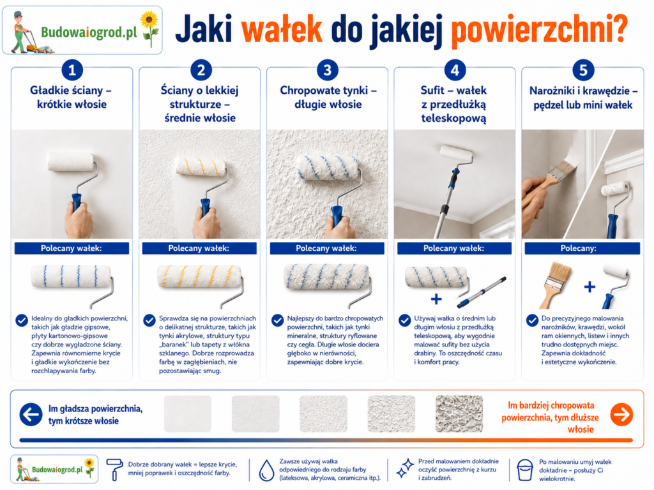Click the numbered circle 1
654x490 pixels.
click(x=72, y=70)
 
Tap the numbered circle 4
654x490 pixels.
click(x=455, y=70)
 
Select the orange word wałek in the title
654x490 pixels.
click(x=282, y=29)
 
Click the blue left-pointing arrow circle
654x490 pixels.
click(x=31, y=414)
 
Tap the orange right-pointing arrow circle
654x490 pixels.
click(x=621, y=414)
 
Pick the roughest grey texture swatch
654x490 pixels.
click(x=459, y=413)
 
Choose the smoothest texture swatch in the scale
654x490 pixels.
click(x=188, y=413)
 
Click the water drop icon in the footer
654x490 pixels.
click(x=266, y=471)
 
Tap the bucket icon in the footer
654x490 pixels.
click(x=524, y=470)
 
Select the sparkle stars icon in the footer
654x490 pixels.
click(x=404, y=468)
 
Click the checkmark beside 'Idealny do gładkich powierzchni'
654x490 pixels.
click(x=22, y=320)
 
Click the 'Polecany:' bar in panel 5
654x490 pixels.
click(x=582, y=248)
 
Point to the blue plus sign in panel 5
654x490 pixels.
click(x=589, y=286)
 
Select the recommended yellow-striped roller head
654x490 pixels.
click(x=199, y=276)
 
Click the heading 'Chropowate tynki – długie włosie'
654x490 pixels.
click(x=328, y=97)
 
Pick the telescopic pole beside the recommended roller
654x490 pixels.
click(x=482, y=292)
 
